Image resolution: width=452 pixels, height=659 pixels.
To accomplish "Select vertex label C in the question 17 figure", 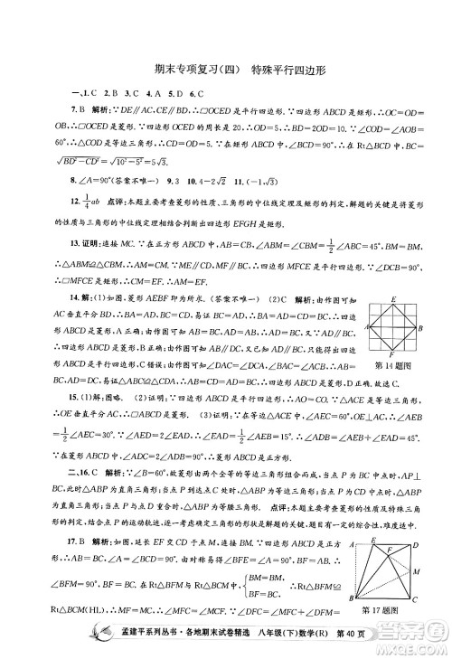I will [417, 598].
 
